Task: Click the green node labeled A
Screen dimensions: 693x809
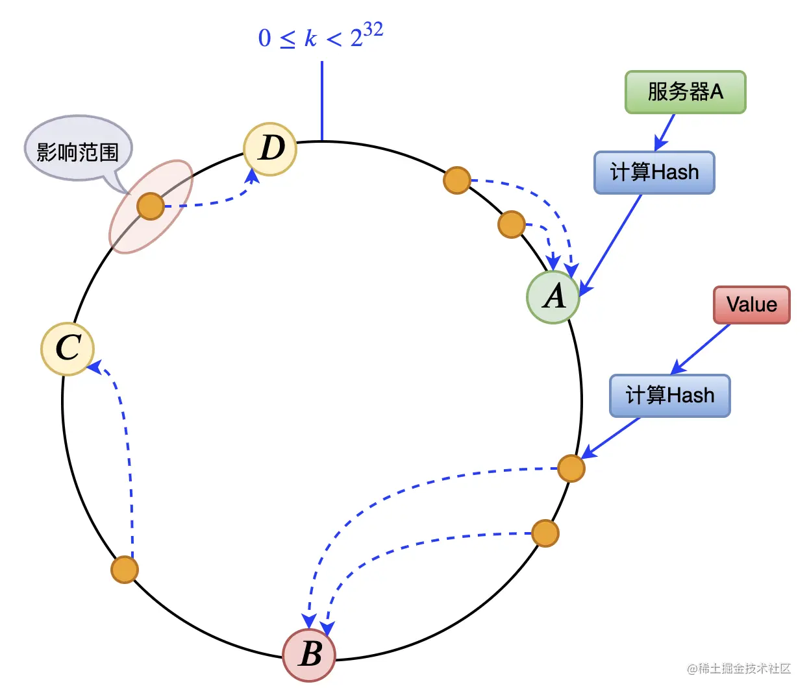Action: [x=553, y=297]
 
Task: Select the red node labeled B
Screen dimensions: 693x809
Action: [x=309, y=655]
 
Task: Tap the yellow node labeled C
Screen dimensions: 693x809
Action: [x=68, y=348]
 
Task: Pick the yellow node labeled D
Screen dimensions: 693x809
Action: [x=270, y=149]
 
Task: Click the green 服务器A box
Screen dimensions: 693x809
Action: [x=685, y=92]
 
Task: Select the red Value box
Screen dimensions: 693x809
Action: [x=751, y=304]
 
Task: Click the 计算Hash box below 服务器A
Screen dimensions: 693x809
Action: [x=654, y=173]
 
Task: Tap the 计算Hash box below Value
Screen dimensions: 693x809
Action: [x=669, y=395]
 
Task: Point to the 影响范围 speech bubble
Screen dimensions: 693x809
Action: [x=78, y=151]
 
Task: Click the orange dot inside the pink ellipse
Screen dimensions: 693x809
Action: [x=151, y=206]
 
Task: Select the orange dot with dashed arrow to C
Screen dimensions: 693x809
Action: [x=125, y=570]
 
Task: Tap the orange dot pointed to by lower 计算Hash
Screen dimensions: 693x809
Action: [x=571, y=468]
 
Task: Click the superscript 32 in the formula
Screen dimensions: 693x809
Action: [x=373, y=29]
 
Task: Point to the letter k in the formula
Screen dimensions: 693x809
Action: [x=310, y=38]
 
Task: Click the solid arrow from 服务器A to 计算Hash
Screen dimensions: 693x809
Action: [x=666, y=132]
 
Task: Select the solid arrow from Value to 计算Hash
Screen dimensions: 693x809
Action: [x=701, y=348]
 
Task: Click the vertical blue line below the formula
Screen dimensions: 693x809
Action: [x=322, y=101]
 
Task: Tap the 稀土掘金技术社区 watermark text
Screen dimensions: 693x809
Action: [x=744, y=668]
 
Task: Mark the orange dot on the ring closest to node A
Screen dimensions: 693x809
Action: [x=512, y=225]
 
